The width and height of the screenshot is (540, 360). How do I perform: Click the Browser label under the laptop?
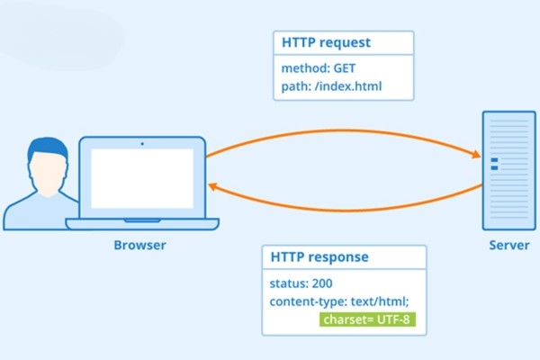coord(139,245)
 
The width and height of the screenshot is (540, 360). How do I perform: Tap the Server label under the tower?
coord(508,245)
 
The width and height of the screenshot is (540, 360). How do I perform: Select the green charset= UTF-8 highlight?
coord(367,319)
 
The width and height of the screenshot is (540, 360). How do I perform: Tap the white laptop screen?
coord(142,177)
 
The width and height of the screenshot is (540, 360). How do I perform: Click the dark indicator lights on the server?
coord(493,164)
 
